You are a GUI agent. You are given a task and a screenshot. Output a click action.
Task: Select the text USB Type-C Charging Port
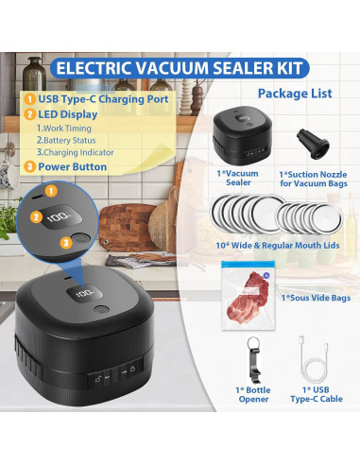[x=96, y=97]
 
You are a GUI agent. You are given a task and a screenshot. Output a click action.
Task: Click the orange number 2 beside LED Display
[x=30, y=113]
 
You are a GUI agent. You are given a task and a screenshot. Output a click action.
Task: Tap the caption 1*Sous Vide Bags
[x=314, y=297]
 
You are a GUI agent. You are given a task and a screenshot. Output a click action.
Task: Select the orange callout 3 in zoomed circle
[x=67, y=243]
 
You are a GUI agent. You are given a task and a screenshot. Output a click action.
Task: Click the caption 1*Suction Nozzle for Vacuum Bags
[x=315, y=181]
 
